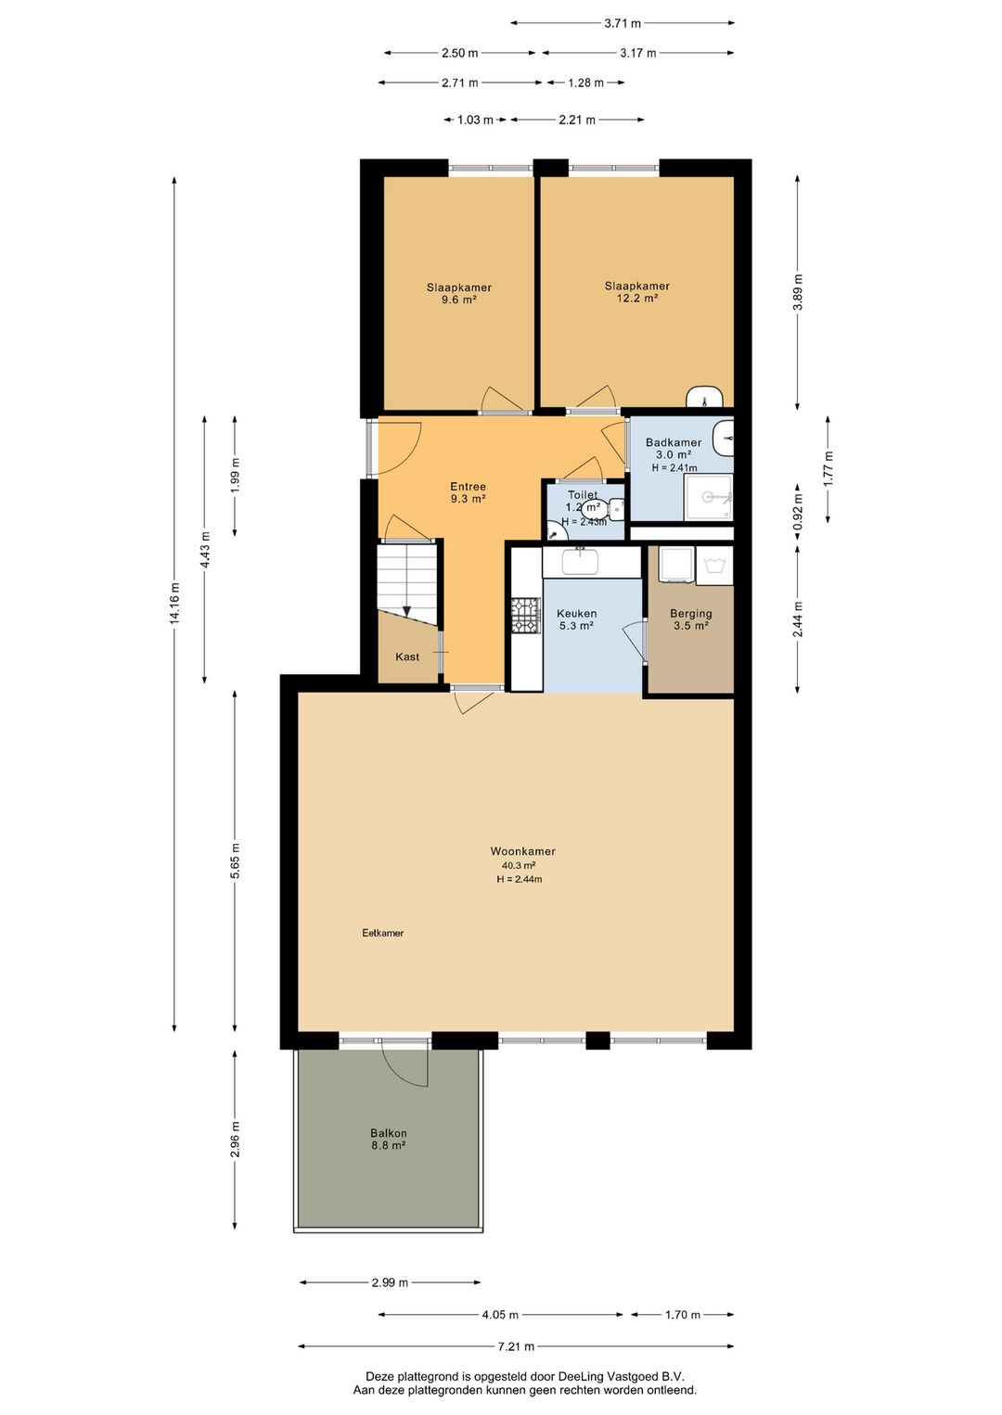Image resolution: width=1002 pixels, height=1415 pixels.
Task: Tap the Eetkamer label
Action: (x=382, y=933)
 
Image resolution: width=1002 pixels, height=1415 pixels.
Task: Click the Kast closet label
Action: (x=407, y=657)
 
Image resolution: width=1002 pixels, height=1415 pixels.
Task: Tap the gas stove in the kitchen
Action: (x=526, y=616)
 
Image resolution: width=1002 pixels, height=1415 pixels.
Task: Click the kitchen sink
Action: (x=581, y=561)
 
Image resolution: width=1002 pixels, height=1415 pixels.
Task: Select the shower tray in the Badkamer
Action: (x=708, y=498)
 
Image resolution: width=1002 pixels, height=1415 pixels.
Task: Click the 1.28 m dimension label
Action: (x=585, y=83)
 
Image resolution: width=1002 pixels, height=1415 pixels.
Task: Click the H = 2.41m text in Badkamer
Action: (x=674, y=468)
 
